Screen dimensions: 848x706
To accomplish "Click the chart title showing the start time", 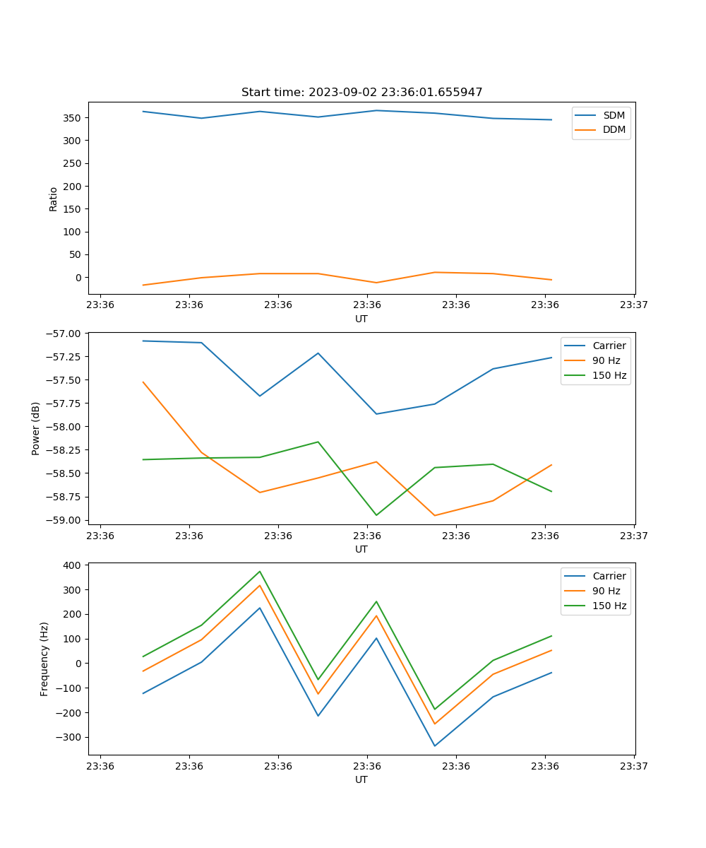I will pyautogui.click(x=361, y=93).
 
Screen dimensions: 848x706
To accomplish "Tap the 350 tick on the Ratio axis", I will pyautogui.click(x=73, y=118).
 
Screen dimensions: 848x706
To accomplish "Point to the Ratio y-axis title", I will pyautogui.click(x=54, y=199).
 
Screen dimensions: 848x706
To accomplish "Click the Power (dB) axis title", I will pyautogui.click(x=36, y=428).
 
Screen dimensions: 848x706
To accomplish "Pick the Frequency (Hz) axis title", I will pyautogui.click(x=44, y=659).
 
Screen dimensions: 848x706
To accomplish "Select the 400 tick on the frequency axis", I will pyautogui.click(x=73, y=565).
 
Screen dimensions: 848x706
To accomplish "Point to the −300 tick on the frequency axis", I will pyautogui.click(x=70, y=737).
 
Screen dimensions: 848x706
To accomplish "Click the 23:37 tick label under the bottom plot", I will pyautogui.click(x=633, y=766).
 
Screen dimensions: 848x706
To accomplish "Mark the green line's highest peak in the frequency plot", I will pyautogui.click(x=260, y=571).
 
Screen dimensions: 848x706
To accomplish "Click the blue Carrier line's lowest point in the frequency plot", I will pyautogui.click(x=434, y=746).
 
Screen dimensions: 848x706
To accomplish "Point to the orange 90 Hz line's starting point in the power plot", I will pyautogui.click(x=143, y=382).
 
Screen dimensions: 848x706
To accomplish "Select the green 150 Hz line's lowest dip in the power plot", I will pyautogui.click(x=376, y=515).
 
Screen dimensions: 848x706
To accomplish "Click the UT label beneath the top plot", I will pyautogui.click(x=361, y=319).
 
